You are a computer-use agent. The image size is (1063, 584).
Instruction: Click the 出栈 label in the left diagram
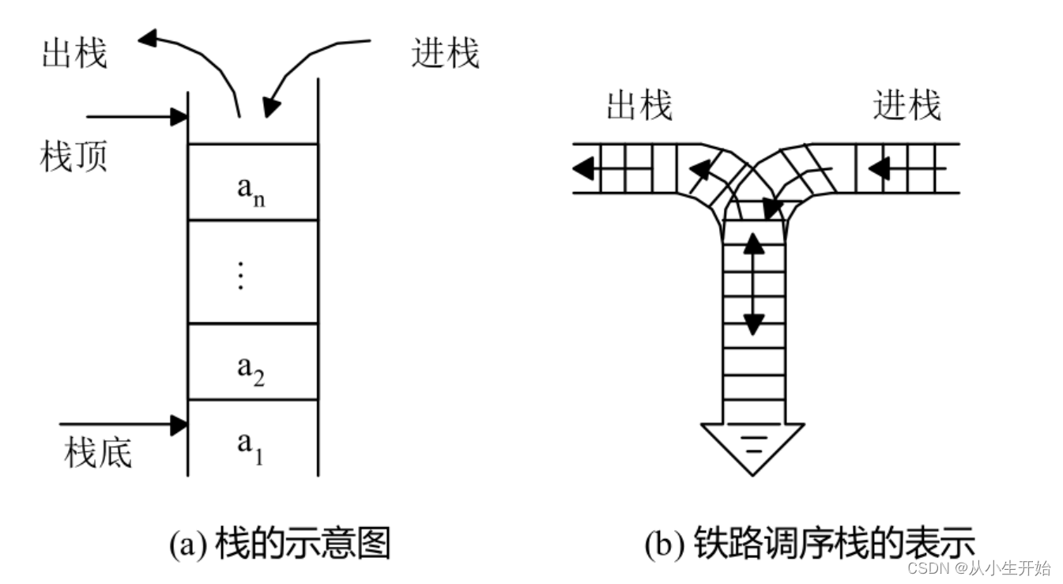point(74,55)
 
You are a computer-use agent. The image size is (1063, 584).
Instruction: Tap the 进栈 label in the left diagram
point(445,55)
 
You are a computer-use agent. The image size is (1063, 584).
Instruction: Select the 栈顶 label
point(74,157)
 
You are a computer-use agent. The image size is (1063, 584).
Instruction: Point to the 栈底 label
point(98,454)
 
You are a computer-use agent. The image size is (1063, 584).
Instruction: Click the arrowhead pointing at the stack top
point(179,117)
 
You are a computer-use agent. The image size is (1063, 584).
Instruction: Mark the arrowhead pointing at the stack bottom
point(179,425)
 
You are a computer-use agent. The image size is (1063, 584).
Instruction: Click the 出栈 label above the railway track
point(639,106)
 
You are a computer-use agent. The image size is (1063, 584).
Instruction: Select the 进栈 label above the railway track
point(907,106)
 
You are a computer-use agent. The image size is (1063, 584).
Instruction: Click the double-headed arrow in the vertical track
point(754,284)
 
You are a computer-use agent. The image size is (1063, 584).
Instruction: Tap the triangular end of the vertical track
point(752,446)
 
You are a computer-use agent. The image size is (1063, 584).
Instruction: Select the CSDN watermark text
point(978,567)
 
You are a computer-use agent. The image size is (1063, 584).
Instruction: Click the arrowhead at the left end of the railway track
point(584,168)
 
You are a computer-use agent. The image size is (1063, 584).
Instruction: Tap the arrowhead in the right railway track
point(879,168)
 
